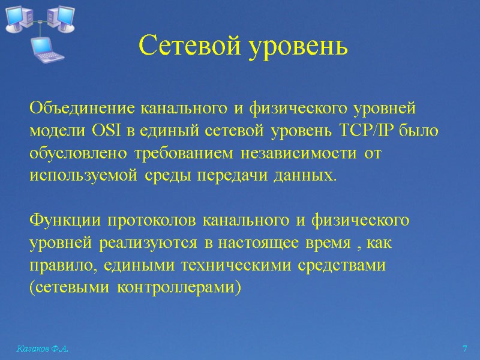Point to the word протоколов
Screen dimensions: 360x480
152,220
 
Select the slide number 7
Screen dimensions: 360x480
464,349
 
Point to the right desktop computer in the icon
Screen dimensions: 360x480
61,17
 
